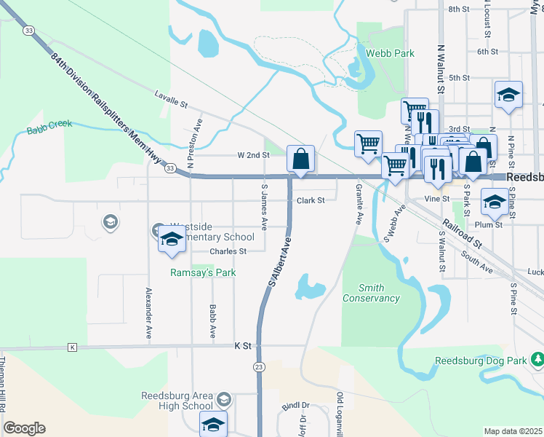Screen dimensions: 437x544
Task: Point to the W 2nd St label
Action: pyautogui.click(x=253, y=155)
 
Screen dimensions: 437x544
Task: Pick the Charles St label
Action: pyautogui.click(x=228, y=251)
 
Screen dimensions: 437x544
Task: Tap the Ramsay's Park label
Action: pyautogui.click(x=203, y=273)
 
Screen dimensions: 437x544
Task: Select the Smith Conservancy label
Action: pyautogui.click(x=371, y=293)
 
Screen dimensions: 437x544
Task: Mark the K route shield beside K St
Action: pyautogui.click(x=72, y=347)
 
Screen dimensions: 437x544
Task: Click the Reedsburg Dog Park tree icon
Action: pyautogui.click(x=537, y=360)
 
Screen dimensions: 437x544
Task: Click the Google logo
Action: pyautogui.click(x=24, y=428)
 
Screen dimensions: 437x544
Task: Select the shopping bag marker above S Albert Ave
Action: pyautogui.click(x=301, y=158)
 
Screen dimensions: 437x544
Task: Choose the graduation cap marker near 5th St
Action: pyautogui.click(x=508, y=95)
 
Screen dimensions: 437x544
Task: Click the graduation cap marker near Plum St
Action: pyautogui.click(x=495, y=202)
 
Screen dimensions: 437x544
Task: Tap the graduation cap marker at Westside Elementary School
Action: pyautogui.click(x=172, y=239)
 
